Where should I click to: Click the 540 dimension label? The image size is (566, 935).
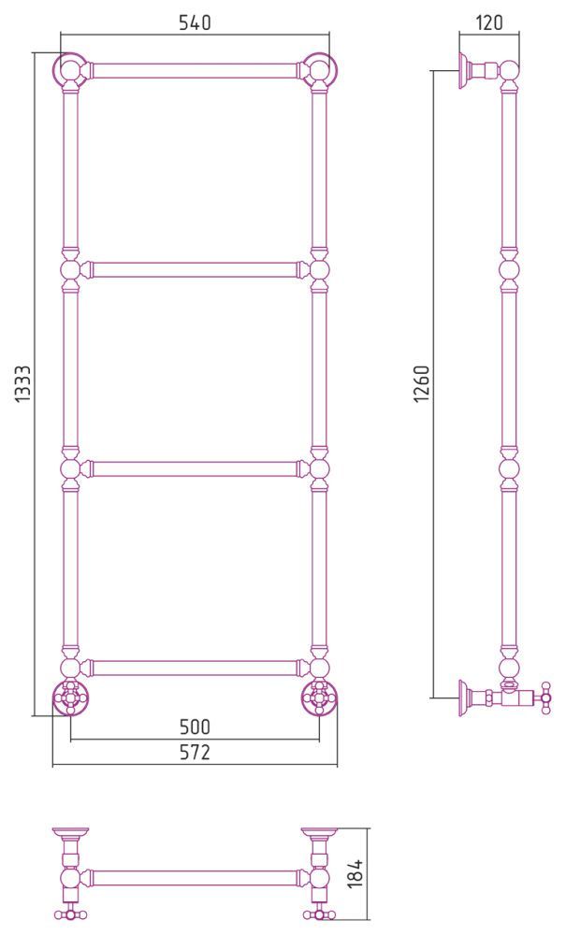click(x=195, y=22)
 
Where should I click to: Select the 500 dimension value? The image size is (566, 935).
click(x=195, y=726)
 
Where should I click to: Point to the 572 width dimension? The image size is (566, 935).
click(x=195, y=753)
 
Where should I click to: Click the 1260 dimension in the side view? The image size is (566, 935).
click(x=422, y=383)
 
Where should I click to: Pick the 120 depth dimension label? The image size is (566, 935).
click(x=489, y=22)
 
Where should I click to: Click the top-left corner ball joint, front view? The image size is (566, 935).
click(x=70, y=70)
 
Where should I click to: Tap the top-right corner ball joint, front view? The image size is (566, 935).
click(x=320, y=70)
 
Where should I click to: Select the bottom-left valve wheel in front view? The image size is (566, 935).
click(x=70, y=696)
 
